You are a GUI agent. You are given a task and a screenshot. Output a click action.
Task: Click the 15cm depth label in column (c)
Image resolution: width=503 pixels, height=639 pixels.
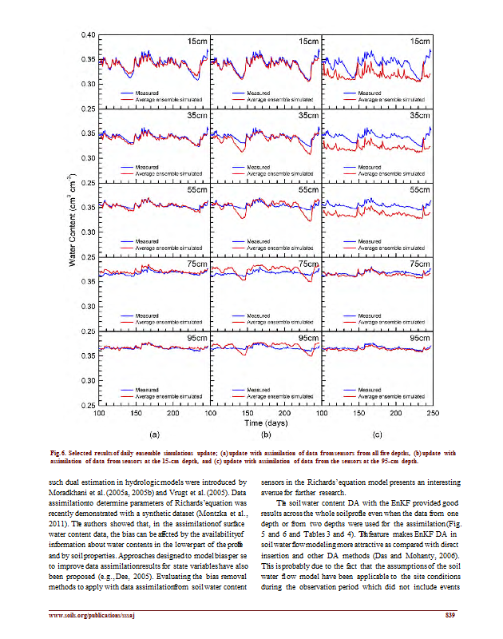(418, 41)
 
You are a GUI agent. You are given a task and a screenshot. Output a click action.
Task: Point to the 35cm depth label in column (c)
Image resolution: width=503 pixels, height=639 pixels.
(418, 115)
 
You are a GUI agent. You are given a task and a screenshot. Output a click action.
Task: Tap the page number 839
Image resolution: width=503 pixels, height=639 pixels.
(449, 614)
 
